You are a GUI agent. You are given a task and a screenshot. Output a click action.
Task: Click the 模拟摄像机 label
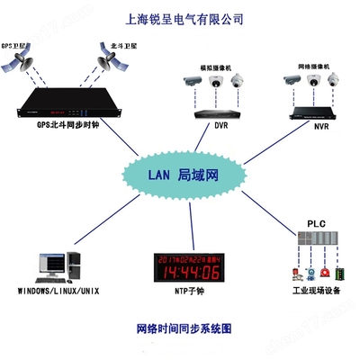pos(216,67)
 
